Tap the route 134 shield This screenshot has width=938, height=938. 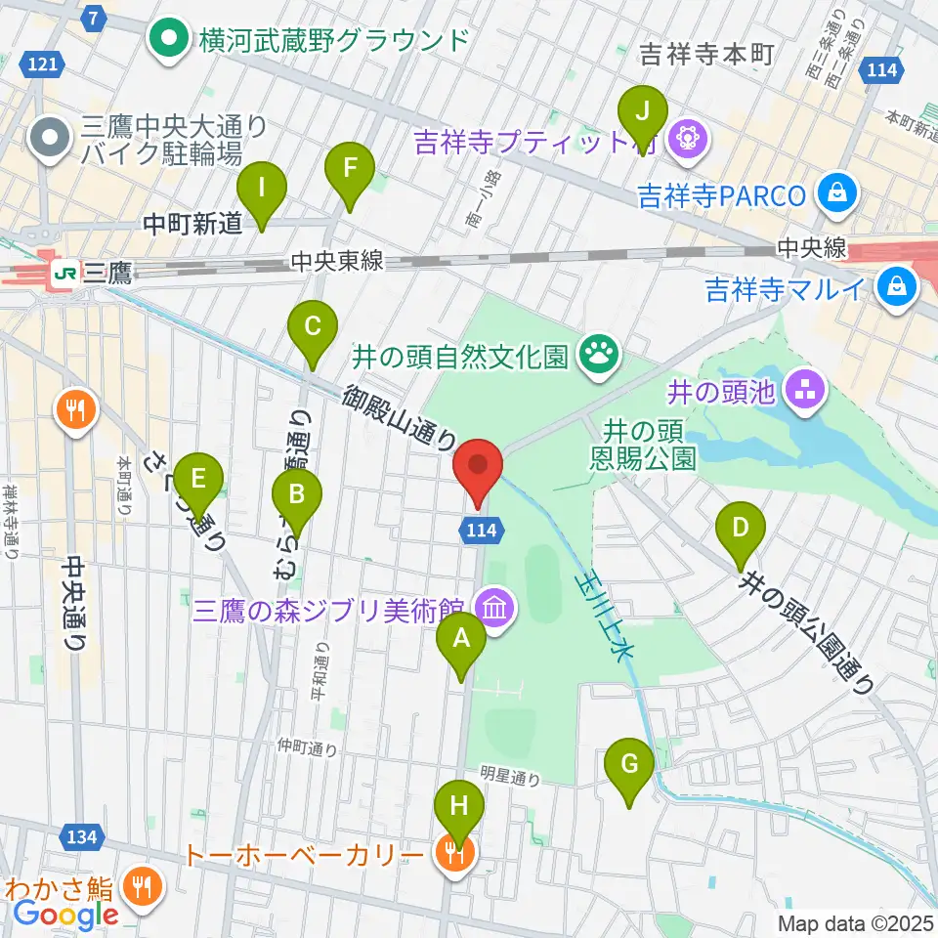tap(83, 836)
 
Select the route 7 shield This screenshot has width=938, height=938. tap(93, 18)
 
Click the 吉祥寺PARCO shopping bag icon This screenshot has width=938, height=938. tap(838, 192)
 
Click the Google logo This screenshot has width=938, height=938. tap(65, 916)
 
